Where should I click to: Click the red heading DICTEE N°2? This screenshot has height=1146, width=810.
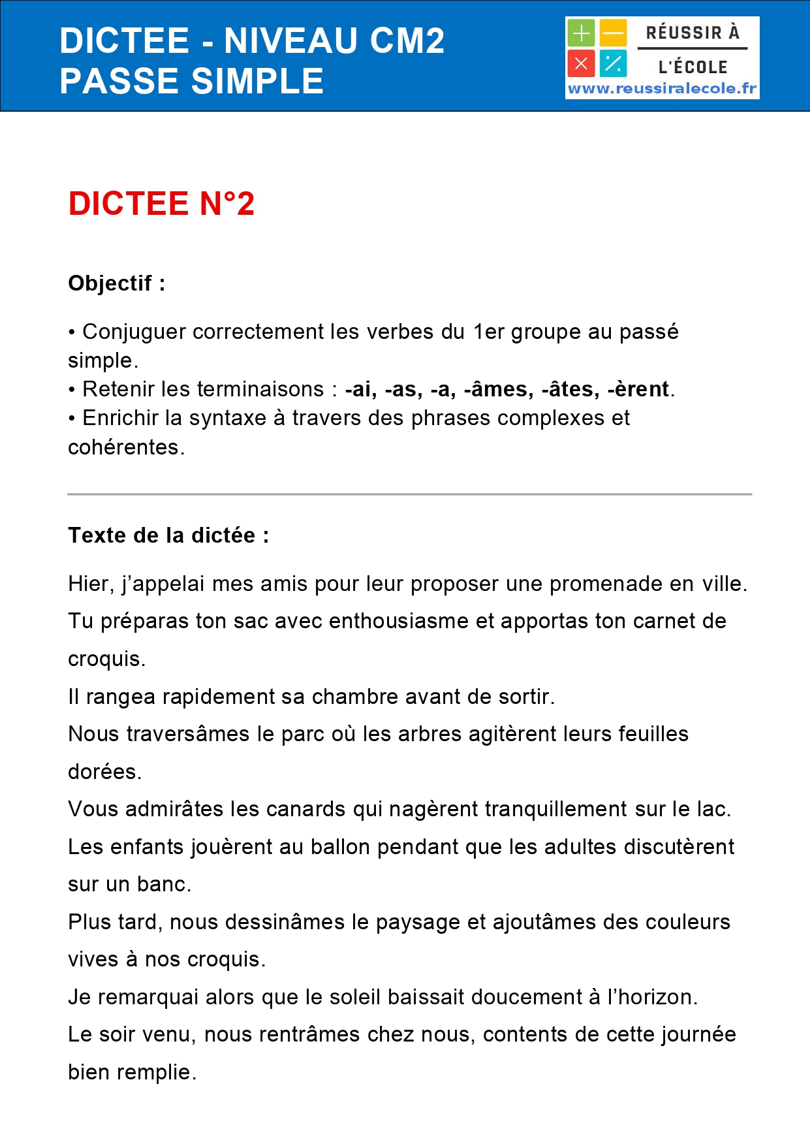click(161, 204)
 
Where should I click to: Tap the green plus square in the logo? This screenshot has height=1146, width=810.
click(581, 33)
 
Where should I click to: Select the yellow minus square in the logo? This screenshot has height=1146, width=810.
click(613, 33)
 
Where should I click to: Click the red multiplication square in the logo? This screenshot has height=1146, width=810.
click(581, 64)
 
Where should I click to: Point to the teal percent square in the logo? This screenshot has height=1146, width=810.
click(613, 64)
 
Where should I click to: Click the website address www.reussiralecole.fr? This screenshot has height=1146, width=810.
click(662, 89)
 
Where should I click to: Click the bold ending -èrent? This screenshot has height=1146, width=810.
click(638, 389)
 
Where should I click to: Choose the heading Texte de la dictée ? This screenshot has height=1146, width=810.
click(168, 535)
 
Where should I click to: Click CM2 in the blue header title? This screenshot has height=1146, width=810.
click(407, 40)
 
